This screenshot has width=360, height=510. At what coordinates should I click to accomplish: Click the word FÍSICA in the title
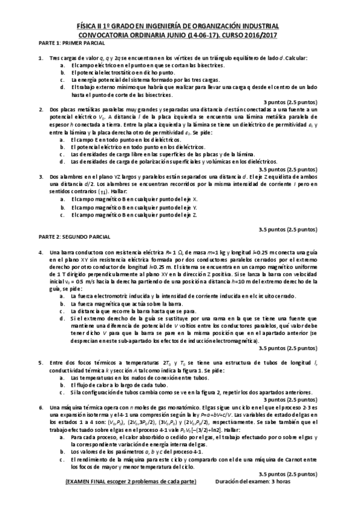[90, 26]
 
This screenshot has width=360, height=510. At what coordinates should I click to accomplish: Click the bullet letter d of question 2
[63, 161]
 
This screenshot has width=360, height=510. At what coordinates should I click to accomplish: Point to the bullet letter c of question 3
[63, 214]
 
